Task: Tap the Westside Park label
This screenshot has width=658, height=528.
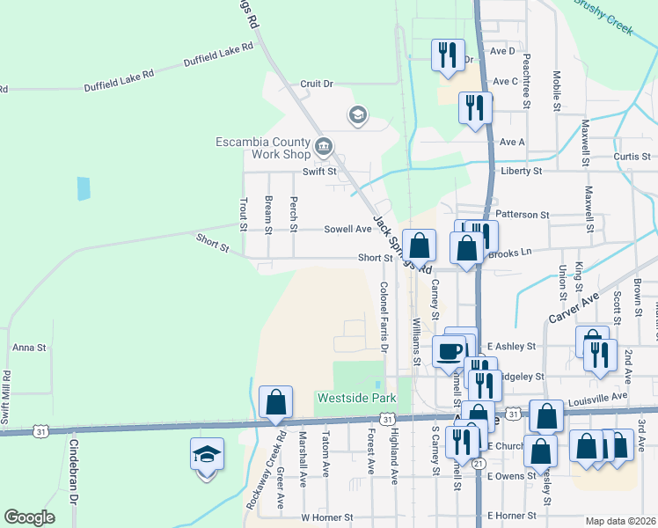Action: pos(356,399)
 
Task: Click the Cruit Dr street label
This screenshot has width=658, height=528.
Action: pos(317,84)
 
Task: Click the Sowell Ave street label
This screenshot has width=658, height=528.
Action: pos(347,229)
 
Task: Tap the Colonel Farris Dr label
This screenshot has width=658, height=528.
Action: pos(384,316)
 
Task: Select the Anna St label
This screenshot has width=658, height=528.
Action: pos(29,348)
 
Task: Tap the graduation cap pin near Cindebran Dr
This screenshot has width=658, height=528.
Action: pos(207,455)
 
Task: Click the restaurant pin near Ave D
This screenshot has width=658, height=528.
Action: pos(448,55)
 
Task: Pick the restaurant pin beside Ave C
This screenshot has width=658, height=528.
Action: pos(475,108)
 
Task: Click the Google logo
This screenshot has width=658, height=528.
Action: pos(29,517)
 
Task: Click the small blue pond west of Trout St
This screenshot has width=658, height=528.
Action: pos(84,187)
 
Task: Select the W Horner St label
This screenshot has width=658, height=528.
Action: pos(326,517)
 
